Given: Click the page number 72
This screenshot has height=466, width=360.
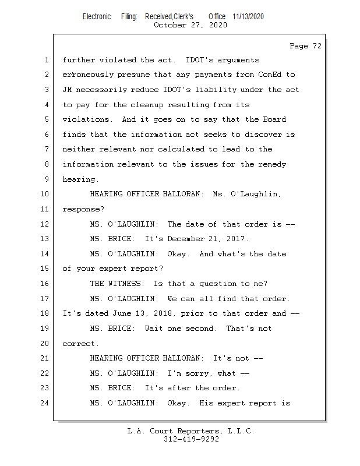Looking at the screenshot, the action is (x=317, y=46).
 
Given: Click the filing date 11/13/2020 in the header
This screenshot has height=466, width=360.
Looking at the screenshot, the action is (x=248, y=16).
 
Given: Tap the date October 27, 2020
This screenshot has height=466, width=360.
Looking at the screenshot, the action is (x=190, y=25).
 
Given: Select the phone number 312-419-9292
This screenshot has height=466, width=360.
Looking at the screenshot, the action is (x=191, y=439).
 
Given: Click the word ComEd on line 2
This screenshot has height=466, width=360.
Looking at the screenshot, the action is (x=270, y=75).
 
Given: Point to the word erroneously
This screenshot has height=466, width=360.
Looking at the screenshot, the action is (x=88, y=75).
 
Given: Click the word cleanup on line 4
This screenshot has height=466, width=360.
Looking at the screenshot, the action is (x=147, y=105).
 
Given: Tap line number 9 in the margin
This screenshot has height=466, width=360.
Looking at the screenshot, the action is (x=47, y=179).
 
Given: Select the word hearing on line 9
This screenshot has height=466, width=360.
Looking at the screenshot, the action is (x=79, y=179).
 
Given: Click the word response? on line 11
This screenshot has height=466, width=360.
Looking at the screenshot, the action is (x=83, y=209).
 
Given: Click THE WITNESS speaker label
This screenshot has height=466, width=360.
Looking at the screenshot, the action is (x=115, y=284).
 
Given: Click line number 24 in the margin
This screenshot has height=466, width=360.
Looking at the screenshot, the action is (x=44, y=403).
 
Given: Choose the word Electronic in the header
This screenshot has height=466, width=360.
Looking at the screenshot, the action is (x=97, y=16).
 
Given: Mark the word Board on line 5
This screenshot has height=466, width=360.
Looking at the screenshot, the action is (x=274, y=119).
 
